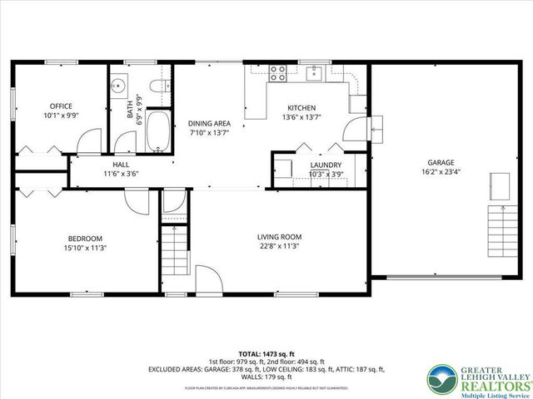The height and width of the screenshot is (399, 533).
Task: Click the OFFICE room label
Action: (61, 106)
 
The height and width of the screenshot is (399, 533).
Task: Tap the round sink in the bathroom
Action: (118, 85)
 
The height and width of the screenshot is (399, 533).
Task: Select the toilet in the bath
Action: (157, 86)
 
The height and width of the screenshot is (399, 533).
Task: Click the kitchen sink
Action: (314, 73)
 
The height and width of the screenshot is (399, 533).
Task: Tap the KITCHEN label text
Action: (301, 108)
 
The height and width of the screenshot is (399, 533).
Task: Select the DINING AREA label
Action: (208, 122)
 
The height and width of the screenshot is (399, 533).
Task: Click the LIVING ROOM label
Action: (278, 236)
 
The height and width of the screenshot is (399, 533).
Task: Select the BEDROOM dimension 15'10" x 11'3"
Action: (85, 247)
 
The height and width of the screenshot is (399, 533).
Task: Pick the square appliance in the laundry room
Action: (284, 169)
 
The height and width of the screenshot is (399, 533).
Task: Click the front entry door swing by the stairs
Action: (209, 280)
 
